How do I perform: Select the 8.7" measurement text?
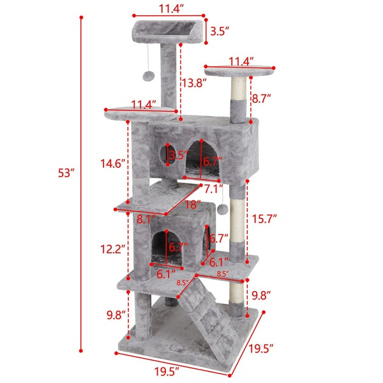pyautogui.click(x=261, y=98)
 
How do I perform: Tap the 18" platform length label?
pyautogui.click(x=192, y=206)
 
